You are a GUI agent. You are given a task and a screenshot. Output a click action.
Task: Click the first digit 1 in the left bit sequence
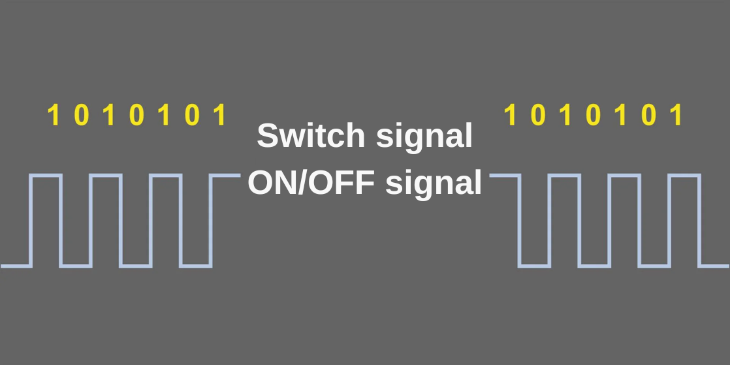[x=54, y=116]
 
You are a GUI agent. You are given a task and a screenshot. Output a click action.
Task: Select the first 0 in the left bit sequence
[x=81, y=116]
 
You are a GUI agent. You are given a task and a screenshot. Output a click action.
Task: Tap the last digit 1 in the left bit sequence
[x=220, y=116]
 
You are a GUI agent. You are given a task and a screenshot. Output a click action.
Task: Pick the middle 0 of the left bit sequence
[x=136, y=116]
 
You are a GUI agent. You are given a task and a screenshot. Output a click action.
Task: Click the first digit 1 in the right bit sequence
[x=511, y=116]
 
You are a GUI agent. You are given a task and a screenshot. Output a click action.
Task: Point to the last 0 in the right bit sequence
[x=648, y=116]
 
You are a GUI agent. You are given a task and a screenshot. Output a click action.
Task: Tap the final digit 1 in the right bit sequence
[x=676, y=116]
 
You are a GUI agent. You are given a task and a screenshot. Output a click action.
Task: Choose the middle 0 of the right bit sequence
[x=593, y=116]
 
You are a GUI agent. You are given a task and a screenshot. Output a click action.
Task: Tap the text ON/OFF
[x=311, y=182]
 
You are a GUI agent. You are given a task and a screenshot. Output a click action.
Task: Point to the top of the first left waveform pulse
[x=46, y=176]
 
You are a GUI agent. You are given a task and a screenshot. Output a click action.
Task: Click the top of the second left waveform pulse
[x=106, y=176]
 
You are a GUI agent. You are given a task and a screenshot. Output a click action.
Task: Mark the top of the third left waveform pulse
[x=166, y=176]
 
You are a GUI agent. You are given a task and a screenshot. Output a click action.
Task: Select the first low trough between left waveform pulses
[x=76, y=266]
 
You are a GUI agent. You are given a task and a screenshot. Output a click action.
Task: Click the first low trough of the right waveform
[x=534, y=266]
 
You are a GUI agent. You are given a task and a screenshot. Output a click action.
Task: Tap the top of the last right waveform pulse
[x=684, y=176]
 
